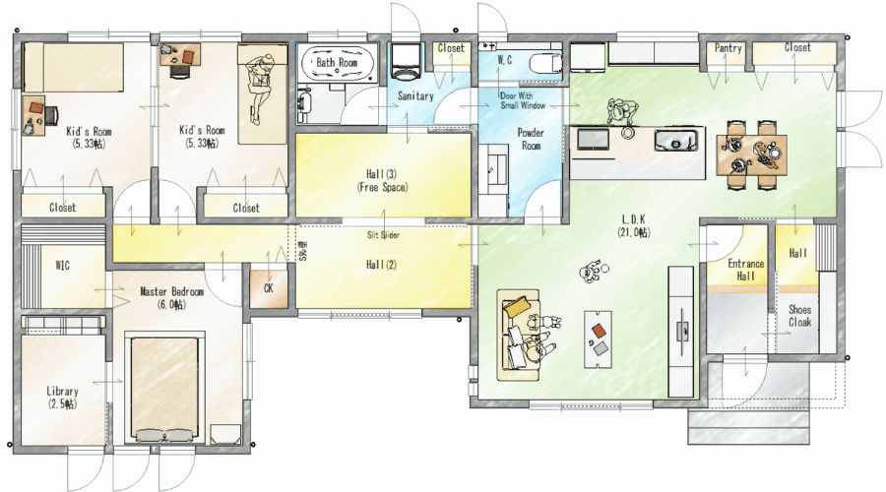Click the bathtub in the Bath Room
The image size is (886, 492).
[338, 63]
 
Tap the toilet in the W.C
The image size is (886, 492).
[545, 63]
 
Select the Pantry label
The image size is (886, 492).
[728, 48]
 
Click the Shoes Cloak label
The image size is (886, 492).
[799, 316]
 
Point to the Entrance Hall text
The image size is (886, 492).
[745, 270]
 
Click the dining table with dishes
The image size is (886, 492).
[751, 153]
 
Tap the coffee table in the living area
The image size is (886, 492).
[598, 338]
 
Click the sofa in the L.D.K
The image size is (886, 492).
[519, 335]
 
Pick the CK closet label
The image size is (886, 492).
[269, 288]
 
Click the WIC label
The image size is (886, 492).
[63, 265]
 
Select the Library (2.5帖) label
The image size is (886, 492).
[62, 398]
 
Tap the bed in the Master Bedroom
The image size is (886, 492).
[163, 387]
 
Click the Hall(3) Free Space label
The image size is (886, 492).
[383, 181]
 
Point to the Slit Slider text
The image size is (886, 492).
[383, 235]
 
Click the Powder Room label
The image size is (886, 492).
[531, 139]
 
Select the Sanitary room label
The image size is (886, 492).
[415, 96]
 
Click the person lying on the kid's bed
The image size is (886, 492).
[260, 86]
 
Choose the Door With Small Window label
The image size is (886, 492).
[523, 100]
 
